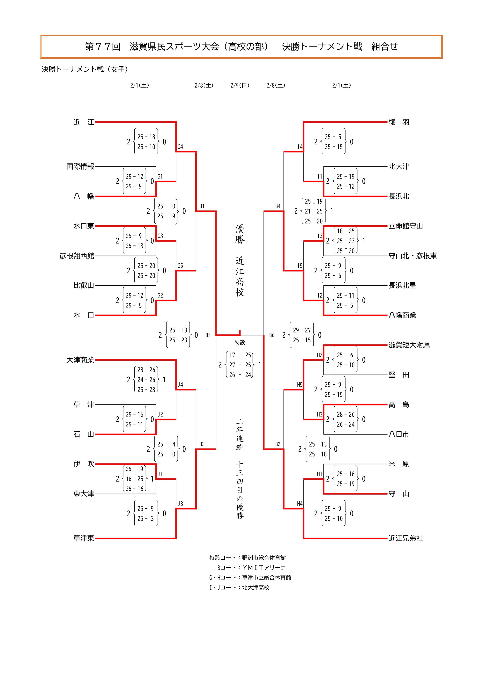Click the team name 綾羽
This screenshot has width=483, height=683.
point(399,122)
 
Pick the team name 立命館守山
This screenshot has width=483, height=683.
point(406,226)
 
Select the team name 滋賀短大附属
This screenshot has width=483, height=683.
point(409,345)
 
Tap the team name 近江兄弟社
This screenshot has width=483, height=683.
point(406,538)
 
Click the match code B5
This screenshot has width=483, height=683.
point(208,335)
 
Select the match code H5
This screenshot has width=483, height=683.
point(300,385)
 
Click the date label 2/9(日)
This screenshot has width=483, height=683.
point(240,85)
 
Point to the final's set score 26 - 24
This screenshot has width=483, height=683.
point(240,375)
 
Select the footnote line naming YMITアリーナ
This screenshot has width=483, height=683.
point(251,568)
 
